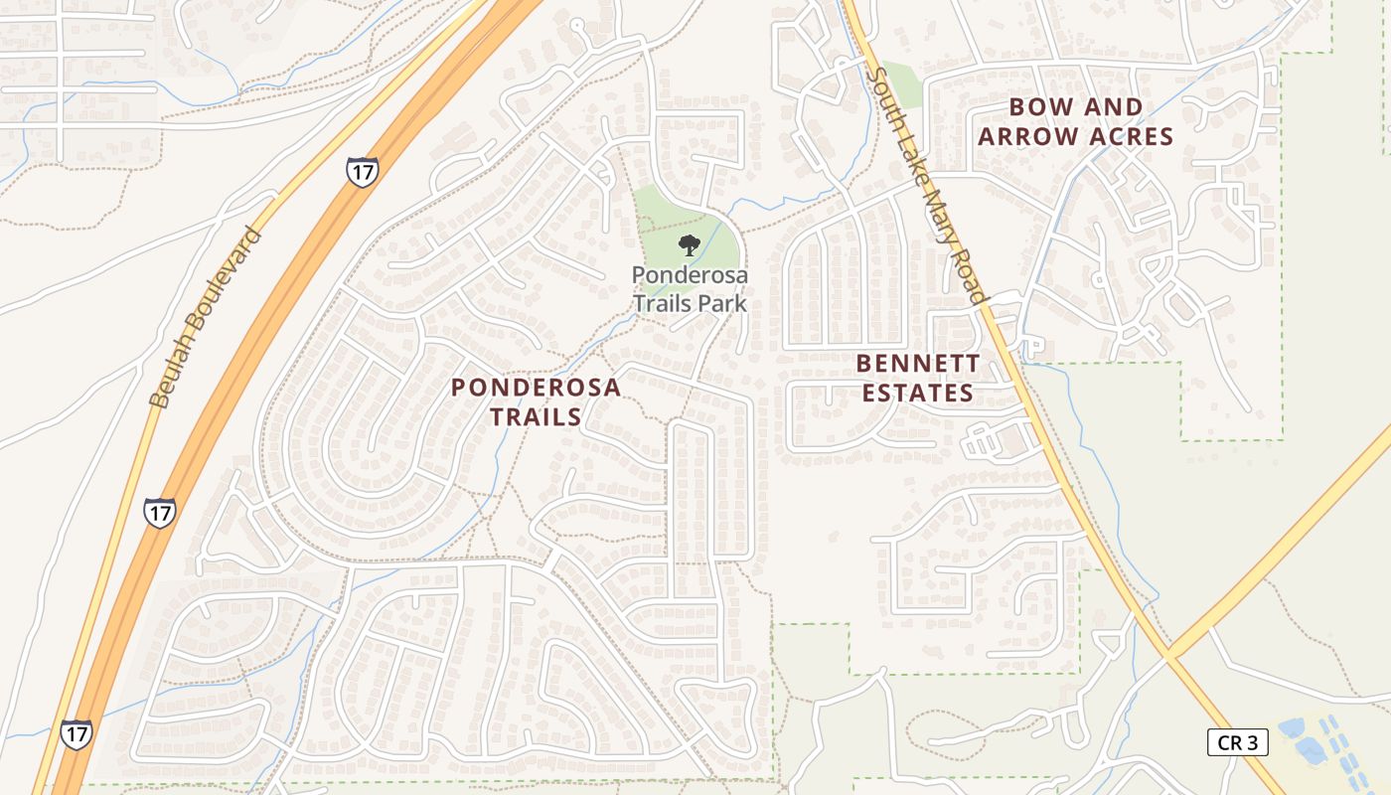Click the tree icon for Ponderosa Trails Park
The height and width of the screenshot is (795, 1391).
[688, 244]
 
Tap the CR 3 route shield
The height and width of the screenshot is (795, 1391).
[1238, 741]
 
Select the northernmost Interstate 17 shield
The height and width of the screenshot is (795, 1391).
[362, 171]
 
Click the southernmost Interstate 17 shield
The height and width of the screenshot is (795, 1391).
[77, 733]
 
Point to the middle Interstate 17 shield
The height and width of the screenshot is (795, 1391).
[159, 512]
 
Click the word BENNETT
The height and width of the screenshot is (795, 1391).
[918, 363]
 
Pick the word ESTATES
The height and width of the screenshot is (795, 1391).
[918, 394]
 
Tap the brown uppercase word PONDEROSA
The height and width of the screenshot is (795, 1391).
[537, 388]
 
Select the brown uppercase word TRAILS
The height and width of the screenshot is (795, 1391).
[537, 417]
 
